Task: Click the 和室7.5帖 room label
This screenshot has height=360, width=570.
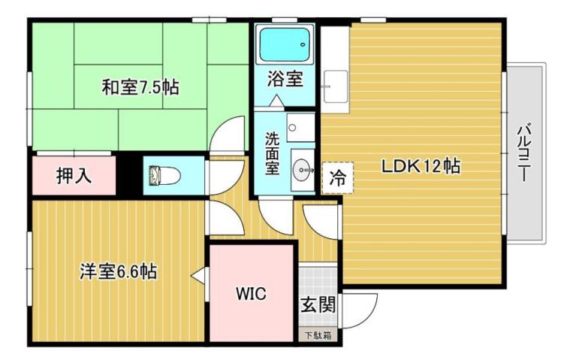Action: tap(140, 87)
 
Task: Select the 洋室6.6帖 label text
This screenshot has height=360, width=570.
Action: tap(118, 271)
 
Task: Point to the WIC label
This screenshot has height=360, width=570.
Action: tap(251, 294)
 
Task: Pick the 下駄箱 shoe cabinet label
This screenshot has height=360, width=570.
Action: tap(317, 336)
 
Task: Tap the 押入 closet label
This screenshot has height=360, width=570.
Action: tap(74, 176)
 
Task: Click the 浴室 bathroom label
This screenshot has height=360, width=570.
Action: tap(285, 77)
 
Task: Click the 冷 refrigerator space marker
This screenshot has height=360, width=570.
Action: tap(338, 178)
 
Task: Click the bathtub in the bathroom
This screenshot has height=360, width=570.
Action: tap(285, 46)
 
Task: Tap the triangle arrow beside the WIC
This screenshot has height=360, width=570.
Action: tap(198, 277)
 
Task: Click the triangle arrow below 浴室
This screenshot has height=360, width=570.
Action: tap(276, 100)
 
